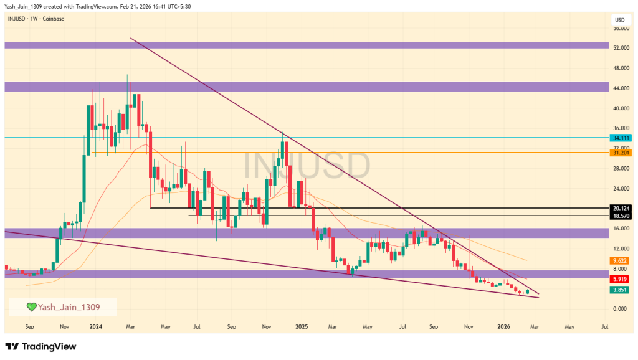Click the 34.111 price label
click(x=621, y=138)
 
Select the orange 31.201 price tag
click(x=621, y=153)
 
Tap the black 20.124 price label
click(x=621, y=208)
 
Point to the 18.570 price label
click(x=621, y=216)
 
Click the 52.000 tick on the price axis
click(x=621, y=48)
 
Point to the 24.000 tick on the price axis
click(x=621, y=188)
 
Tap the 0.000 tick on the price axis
click(x=621, y=309)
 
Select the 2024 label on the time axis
click(x=95, y=326)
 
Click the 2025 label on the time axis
click(x=302, y=326)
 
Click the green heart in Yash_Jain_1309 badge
click(x=31, y=306)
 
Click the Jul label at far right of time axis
click(x=604, y=326)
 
